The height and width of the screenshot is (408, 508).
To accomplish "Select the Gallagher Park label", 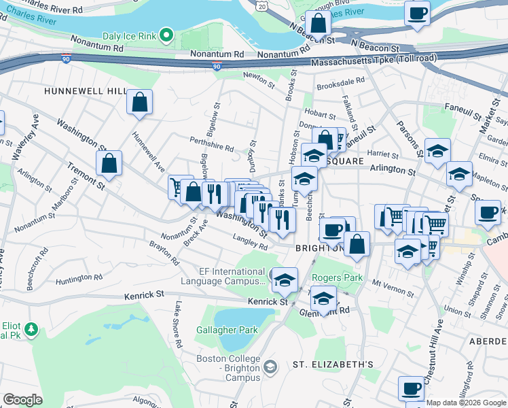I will tap(227, 330).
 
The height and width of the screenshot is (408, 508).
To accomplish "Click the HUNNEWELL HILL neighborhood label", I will tap(86, 91).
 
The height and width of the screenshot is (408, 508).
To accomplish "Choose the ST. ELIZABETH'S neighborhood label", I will tap(333, 364).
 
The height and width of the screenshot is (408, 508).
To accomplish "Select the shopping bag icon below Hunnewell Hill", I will tap(139, 103).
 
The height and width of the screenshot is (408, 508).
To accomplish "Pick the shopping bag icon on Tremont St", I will tap(109, 163).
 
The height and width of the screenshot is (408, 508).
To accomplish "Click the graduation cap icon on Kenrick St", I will tap(285, 279).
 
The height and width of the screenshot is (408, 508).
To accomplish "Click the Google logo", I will tap(22, 400).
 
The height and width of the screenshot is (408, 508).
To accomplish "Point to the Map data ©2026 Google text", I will tap(465, 403).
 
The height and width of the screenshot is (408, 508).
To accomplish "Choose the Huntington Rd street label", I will tap(79, 278).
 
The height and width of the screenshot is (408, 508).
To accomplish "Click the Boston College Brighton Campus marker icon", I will tap(270, 367).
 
